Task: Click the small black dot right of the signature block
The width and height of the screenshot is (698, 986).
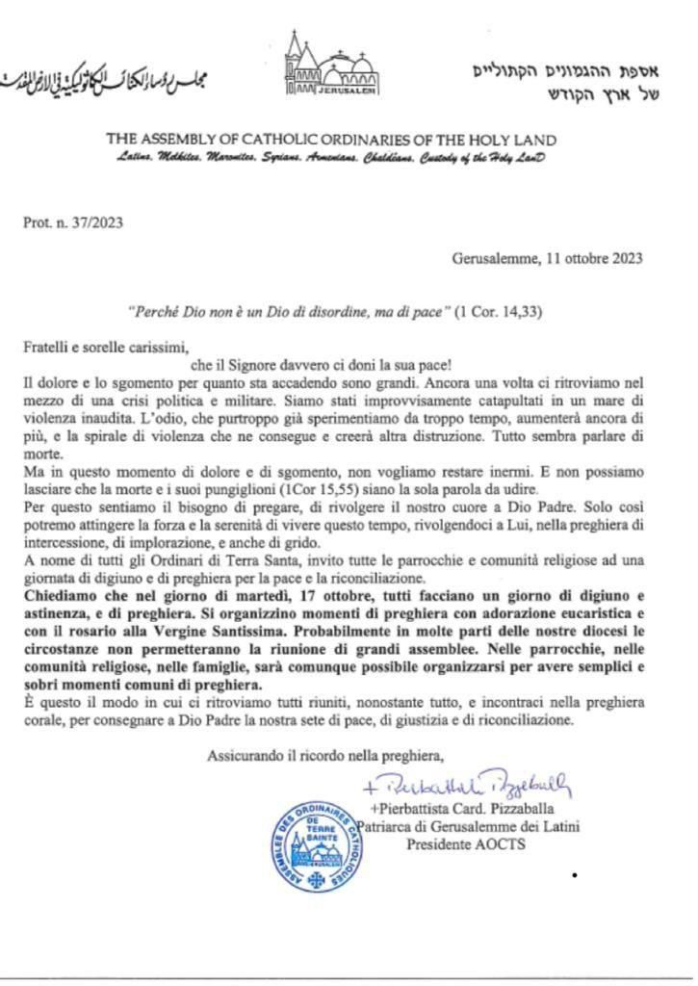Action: (x=574, y=875)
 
